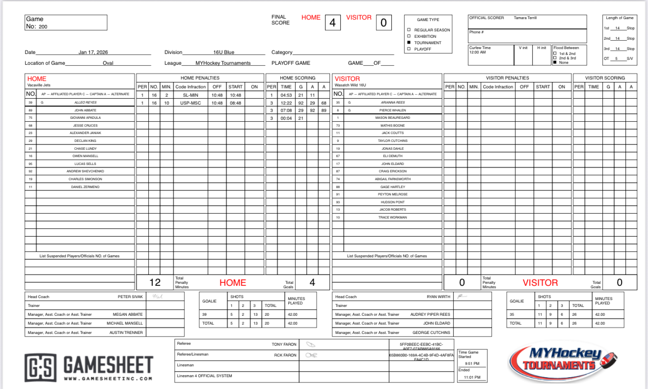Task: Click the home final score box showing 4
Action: pyautogui.click(x=332, y=23)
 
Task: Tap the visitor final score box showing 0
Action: pyautogui.click(x=383, y=23)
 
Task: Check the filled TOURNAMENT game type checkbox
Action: pyautogui.click(x=409, y=43)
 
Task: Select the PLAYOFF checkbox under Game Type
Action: pyautogui.click(x=409, y=49)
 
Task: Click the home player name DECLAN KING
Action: pyautogui.click(x=85, y=141)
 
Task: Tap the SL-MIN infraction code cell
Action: pyautogui.click(x=190, y=95)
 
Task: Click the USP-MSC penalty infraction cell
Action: pyautogui.click(x=190, y=103)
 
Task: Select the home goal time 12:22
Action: pyautogui.click(x=286, y=103)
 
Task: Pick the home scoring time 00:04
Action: pyautogui.click(x=286, y=118)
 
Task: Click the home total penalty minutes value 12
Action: pyautogui.click(x=155, y=282)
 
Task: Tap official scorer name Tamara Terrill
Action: pyautogui.click(x=525, y=18)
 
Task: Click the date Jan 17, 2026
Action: pyautogui.click(x=93, y=52)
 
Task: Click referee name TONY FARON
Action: pyautogui.click(x=282, y=344)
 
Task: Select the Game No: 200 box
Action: pyautogui.click(x=66, y=23)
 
